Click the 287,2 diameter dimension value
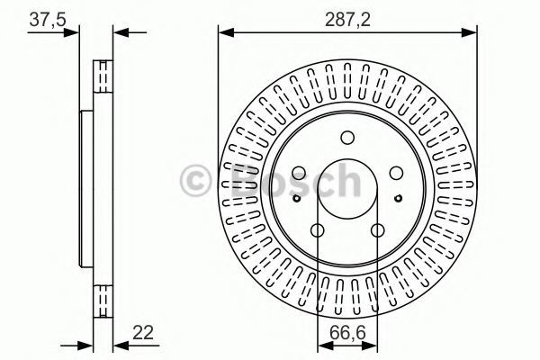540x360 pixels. pos(347,20)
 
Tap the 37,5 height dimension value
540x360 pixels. pos(47,20)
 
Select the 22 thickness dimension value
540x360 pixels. pos(142,333)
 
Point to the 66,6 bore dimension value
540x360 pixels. pos(347,333)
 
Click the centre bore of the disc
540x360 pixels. pos(347,189)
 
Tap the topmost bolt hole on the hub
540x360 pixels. pos(347,138)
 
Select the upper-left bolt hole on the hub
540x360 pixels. pos(299,173)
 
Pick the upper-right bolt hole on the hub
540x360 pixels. pos(396,173)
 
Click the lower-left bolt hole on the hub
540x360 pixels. pos(317,230)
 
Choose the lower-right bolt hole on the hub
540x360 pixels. pos(377,230)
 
